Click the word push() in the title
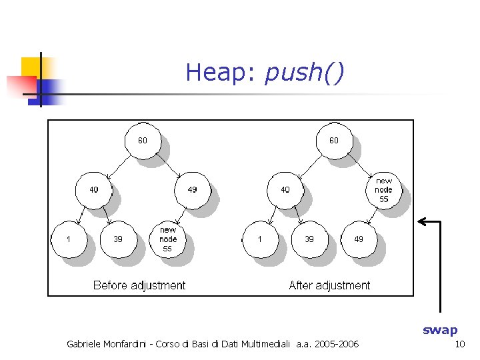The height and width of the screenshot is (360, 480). pyautogui.click(x=304, y=72)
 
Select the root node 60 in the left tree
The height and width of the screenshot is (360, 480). pyautogui.click(x=143, y=141)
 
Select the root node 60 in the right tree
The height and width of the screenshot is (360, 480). pyautogui.click(x=333, y=141)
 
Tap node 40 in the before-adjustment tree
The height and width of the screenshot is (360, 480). pyautogui.click(x=94, y=190)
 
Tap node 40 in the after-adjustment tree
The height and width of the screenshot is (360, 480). pyautogui.click(x=285, y=190)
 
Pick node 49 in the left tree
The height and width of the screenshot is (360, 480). pyautogui.click(x=192, y=190)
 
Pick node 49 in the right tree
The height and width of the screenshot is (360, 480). pyautogui.click(x=359, y=239)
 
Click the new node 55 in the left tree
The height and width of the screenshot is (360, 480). pyautogui.click(x=168, y=239)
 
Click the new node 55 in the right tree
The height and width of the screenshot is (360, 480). pyautogui.click(x=384, y=190)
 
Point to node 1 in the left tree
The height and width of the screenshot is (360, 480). pyautogui.click(x=69, y=239)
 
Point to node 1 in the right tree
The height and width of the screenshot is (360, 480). pyautogui.click(x=260, y=239)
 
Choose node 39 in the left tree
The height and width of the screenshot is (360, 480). pyautogui.click(x=118, y=239)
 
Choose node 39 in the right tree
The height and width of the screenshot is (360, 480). pyautogui.click(x=309, y=239)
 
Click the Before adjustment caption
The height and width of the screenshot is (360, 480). pyautogui.click(x=139, y=285)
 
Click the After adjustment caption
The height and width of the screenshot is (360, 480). pyautogui.click(x=329, y=285)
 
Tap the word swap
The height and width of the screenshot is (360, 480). pyautogui.click(x=440, y=330)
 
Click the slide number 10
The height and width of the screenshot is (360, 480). pyautogui.click(x=459, y=344)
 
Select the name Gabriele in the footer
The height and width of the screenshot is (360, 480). pyautogui.click(x=86, y=344)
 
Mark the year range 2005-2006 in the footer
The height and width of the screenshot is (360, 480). pyautogui.click(x=337, y=344)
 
